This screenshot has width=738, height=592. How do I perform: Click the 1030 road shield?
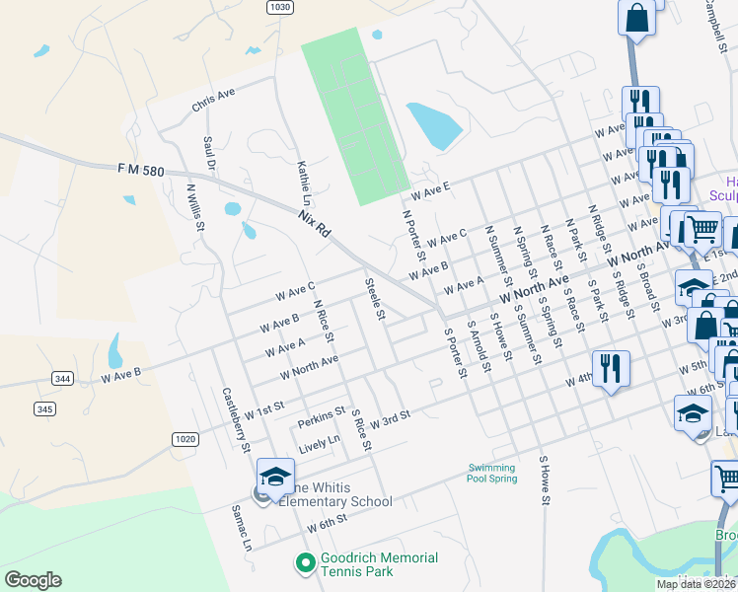coord(280,7)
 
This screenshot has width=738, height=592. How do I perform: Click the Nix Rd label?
coord(316,222)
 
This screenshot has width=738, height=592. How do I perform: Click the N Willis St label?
coord(195,204)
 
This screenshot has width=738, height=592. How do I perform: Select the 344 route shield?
coord(62,378)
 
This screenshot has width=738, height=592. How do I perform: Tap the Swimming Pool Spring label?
coord(492,473)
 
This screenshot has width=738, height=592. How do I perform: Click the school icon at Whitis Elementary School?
coord(275,476)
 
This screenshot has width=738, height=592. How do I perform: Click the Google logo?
coord(33,580)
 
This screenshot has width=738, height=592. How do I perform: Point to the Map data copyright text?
coord(697,584)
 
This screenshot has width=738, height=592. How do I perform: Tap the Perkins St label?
coord(322,417)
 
